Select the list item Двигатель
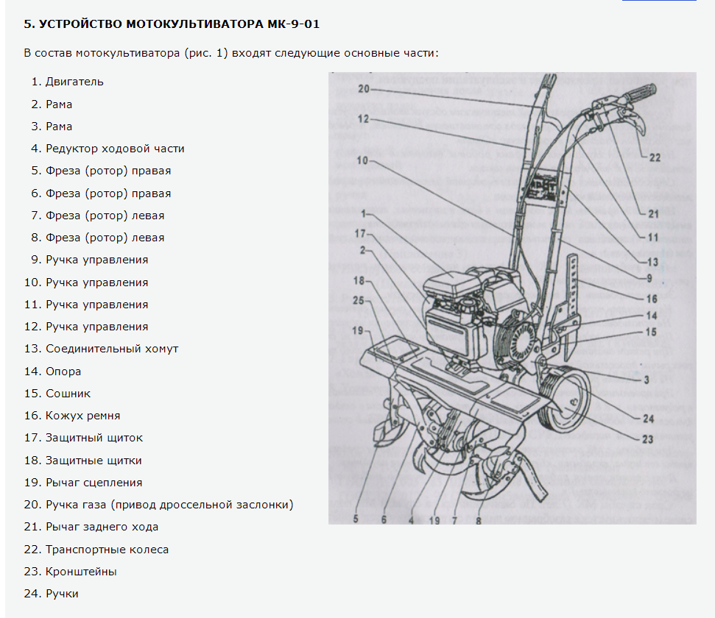pos(74,82)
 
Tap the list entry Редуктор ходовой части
pos(115,149)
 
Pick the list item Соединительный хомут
pos(112,349)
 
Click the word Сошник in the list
pos(68,394)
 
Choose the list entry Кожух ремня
pos(82,416)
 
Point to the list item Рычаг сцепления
pos(94,483)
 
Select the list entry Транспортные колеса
pos(107,550)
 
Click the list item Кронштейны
pos(81,572)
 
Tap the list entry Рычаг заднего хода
pos(102,527)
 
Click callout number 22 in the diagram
pos(655,157)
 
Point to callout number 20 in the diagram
pos(363,90)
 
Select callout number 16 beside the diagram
pos(652,299)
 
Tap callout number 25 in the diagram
pos(359,299)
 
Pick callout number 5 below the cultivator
pos(355,518)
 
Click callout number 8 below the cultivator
pos(479,519)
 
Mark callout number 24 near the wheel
pos(648,419)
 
